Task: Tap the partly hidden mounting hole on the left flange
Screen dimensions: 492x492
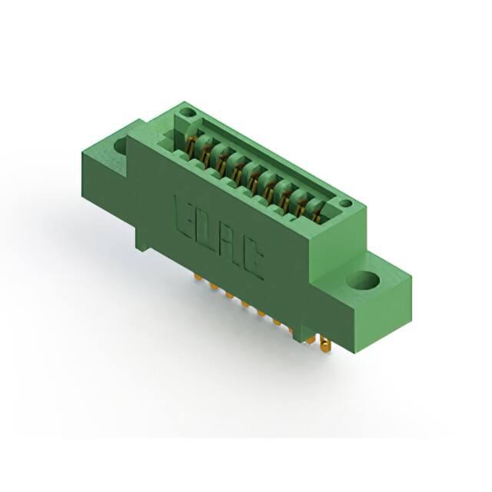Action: [x=121, y=146]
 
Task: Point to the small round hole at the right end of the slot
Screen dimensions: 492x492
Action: [x=346, y=204]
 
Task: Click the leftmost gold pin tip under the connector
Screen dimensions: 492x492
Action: [x=198, y=277]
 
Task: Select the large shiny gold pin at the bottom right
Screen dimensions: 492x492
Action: [x=325, y=346]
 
